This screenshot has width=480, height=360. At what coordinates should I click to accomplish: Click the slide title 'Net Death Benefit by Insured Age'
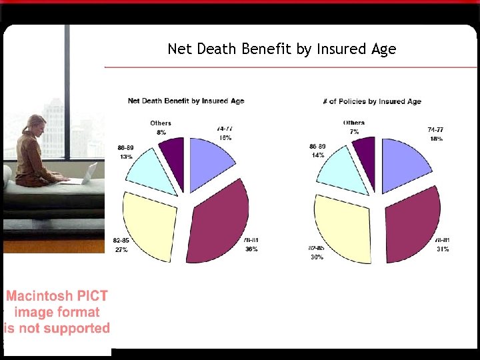click(281, 49)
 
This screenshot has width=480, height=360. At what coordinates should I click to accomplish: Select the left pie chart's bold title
click(186, 101)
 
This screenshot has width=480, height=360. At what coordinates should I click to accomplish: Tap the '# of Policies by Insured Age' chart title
click(371, 101)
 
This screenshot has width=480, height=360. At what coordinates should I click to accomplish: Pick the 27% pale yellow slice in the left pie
click(152, 220)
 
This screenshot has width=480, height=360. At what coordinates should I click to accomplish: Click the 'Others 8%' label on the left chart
click(161, 127)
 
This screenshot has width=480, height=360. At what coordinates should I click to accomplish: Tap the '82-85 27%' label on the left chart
click(121, 244)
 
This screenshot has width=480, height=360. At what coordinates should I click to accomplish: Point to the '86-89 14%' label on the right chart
click(317, 150)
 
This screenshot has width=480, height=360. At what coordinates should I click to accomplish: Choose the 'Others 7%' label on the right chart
click(354, 127)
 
